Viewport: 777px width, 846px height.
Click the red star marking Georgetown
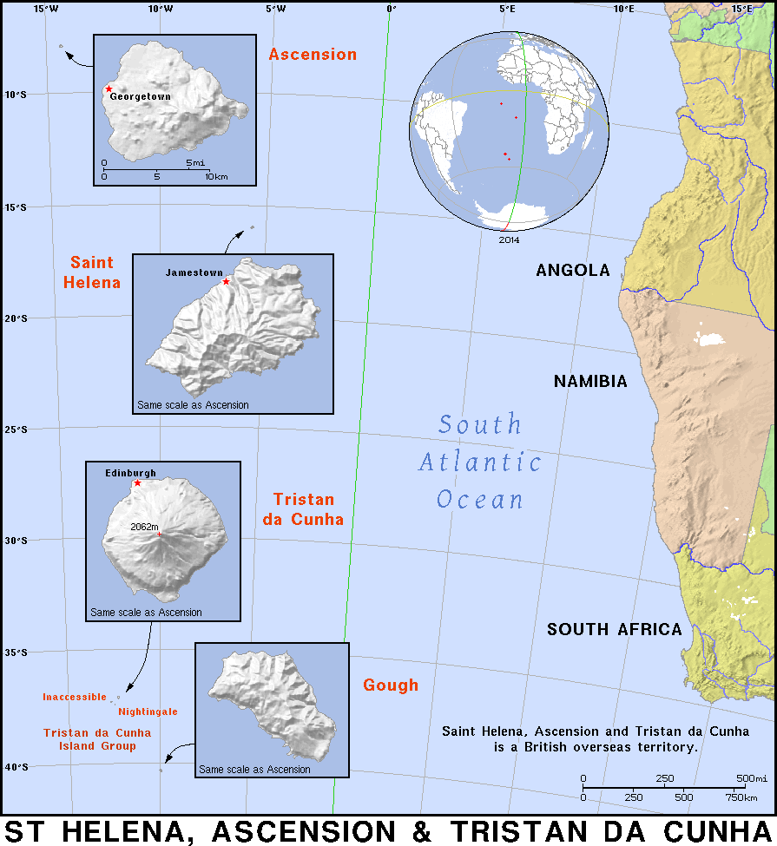point(109,89)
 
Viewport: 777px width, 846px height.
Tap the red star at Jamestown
point(226,281)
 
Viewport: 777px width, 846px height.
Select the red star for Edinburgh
point(137,482)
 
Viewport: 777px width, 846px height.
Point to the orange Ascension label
point(312,55)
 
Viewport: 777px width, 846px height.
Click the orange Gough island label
point(391,685)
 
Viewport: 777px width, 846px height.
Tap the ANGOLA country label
point(573,271)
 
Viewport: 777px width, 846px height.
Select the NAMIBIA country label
point(590,382)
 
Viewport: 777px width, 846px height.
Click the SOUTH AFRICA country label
point(615,630)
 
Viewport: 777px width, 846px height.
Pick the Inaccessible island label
point(75,697)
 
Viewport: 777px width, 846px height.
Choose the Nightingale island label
point(148,712)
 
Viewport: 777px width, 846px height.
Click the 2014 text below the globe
point(509,240)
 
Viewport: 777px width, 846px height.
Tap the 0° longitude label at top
point(391,10)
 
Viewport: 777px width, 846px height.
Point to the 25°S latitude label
point(16,430)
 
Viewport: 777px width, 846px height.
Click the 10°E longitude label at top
point(623,10)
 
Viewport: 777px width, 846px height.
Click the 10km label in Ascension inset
point(216,176)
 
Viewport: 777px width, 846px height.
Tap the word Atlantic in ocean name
point(480,463)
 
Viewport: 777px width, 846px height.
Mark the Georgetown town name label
point(140,97)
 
